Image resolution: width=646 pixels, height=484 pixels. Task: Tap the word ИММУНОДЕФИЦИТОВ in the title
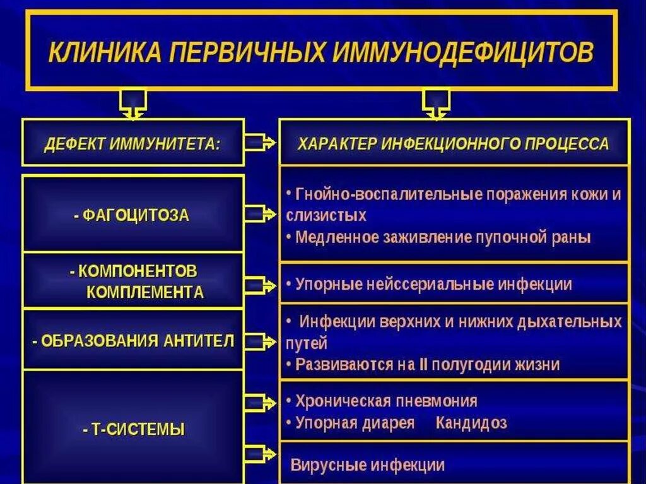point(462,53)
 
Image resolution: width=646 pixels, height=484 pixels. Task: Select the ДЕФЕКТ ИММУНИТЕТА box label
point(132,143)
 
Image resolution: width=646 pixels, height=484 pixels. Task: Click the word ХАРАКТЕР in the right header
point(337,144)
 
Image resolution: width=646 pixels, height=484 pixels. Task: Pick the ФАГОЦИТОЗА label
point(131,215)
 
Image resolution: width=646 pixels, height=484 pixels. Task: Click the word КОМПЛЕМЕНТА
point(145,293)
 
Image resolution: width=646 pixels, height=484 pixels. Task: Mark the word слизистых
point(326,215)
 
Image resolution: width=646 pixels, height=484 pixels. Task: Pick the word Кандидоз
point(471,423)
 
